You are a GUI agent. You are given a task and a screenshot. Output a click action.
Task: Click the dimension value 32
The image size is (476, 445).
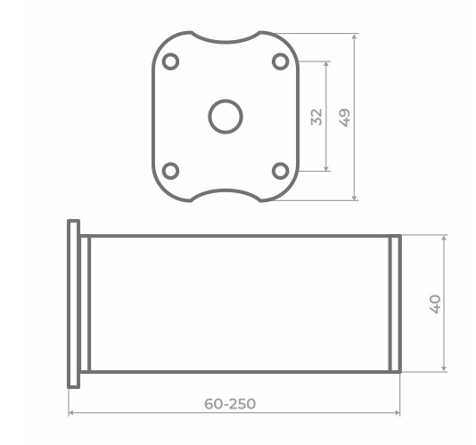[x=316, y=117]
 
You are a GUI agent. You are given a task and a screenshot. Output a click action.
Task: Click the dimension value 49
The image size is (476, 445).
[x=345, y=117]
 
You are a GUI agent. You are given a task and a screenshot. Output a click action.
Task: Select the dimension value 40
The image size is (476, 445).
[x=435, y=304]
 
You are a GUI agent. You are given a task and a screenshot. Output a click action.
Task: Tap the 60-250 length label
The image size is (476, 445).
[x=230, y=404]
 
